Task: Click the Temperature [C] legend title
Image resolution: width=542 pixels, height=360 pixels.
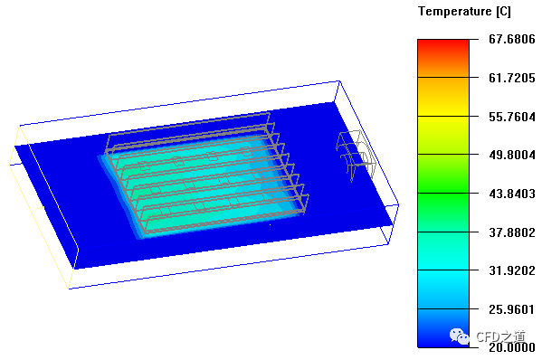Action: tap(464, 12)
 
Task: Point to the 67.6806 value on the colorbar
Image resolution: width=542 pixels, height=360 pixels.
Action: tap(511, 39)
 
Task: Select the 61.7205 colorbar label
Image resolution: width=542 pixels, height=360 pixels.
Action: tap(511, 78)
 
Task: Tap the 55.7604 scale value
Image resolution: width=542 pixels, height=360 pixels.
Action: tap(511, 117)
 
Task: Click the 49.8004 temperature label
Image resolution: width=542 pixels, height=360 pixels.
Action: tap(511, 155)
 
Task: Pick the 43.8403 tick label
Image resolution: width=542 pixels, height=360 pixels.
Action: tap(511, 194)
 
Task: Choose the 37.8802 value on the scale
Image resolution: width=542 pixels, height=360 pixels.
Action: tap(511, 232)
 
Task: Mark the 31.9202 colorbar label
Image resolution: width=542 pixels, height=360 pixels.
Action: tap(511, 270)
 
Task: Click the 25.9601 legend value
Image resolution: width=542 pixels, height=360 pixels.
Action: tap(511, 309)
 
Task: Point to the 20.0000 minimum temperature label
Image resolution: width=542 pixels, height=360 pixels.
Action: tap(511, 347)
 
